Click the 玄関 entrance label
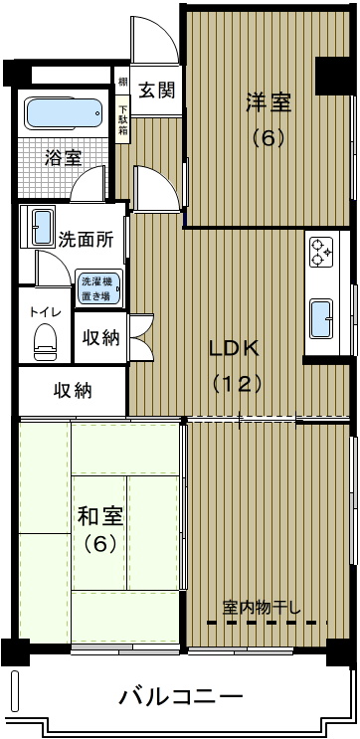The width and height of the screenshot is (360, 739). tap(157, 90)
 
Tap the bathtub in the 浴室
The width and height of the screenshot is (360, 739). tap(63, 113)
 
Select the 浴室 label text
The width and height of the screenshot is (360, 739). tap(64, 158)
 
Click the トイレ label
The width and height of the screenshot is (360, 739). tap(45, 311)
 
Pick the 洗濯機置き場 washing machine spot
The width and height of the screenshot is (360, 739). tap(99, 288)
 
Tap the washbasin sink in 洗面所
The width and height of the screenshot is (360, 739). tap(43, 227)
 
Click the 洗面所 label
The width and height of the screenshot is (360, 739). tap(86, 241)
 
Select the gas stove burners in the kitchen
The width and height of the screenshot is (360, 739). tap(321, 253)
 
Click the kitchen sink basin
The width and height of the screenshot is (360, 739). tap(322, 319)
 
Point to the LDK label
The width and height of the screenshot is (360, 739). tap(234, 349)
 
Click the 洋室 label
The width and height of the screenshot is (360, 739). tap(268, 103)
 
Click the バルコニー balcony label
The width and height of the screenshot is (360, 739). tap(180, 696)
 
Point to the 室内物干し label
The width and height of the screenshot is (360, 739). tap(261, 608)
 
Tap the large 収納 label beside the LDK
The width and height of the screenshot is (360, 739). tap(73, 391)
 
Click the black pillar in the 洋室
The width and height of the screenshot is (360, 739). tap(333, 76)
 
